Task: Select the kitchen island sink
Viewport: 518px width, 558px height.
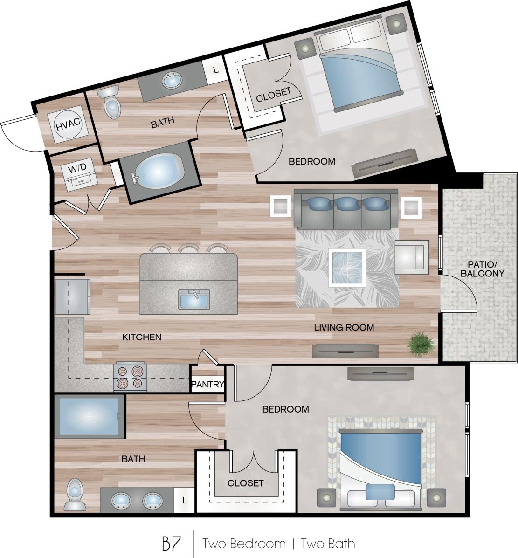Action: coord(194,299)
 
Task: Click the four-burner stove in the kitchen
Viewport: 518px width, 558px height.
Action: coord(130,377)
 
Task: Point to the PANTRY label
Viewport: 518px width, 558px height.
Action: coord(207,385)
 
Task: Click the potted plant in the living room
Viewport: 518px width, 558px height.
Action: coord(420,344)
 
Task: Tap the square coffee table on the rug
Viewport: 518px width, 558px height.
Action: coord(347,268)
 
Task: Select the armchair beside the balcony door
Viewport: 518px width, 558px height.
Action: coord(411,257)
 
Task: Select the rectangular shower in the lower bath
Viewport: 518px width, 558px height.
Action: coord(89,416)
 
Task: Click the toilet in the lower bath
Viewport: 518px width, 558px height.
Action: coord(75,494)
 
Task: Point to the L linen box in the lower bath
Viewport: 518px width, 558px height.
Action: coord(185,501)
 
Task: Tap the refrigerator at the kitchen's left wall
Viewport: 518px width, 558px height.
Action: coord(72,296)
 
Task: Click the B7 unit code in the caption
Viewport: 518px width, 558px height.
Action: coord(171,544)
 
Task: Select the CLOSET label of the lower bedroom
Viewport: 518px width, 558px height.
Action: coord(245,483)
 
